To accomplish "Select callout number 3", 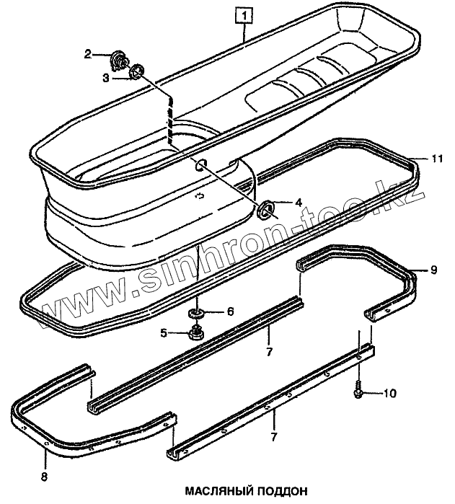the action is click(105, 76).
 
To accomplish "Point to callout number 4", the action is click(298, 203).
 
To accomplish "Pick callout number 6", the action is click(230, 311).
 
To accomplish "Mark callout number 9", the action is click(433, 270).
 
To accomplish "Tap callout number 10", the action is click(389, 393).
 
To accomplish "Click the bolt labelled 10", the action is click(359, 392).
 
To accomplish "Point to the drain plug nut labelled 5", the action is click(194, 333).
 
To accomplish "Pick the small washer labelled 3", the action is click(136, 71).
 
